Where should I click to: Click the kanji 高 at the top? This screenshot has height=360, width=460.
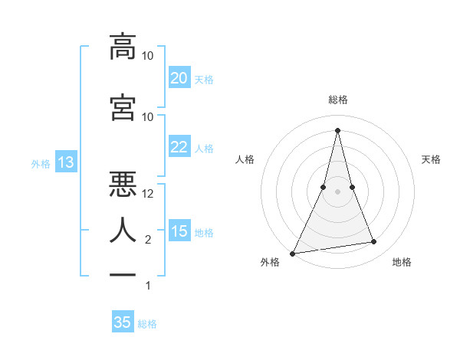tap(123, 47)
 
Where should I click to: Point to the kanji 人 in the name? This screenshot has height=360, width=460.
tap(123, 230)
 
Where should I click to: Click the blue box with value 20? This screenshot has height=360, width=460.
tap(179, 78)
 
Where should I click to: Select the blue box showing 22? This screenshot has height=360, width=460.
tap(179, 147)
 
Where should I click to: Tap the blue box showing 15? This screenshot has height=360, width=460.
tap(179, 231)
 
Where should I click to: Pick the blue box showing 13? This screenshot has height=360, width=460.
tap(65, 162)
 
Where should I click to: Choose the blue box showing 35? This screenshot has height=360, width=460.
tap(123, 322)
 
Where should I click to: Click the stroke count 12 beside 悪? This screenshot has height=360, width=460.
tap(148, 194)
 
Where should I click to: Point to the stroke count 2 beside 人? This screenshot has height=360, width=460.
tap(148, 240)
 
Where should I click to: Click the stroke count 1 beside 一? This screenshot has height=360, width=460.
tap(148, 286)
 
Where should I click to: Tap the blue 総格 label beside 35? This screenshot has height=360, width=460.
tap(147, 324)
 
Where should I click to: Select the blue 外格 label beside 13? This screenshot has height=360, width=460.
tap(41, 163)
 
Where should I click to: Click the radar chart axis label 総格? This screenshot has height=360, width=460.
tap(337, 100)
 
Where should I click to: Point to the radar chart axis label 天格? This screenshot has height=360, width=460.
tap(431, 159)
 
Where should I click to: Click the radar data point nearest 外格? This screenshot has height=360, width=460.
tap(293, 254)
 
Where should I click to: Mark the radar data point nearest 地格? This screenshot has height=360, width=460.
tap(374, 242)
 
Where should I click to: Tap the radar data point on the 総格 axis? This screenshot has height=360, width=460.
tap(337, 129)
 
